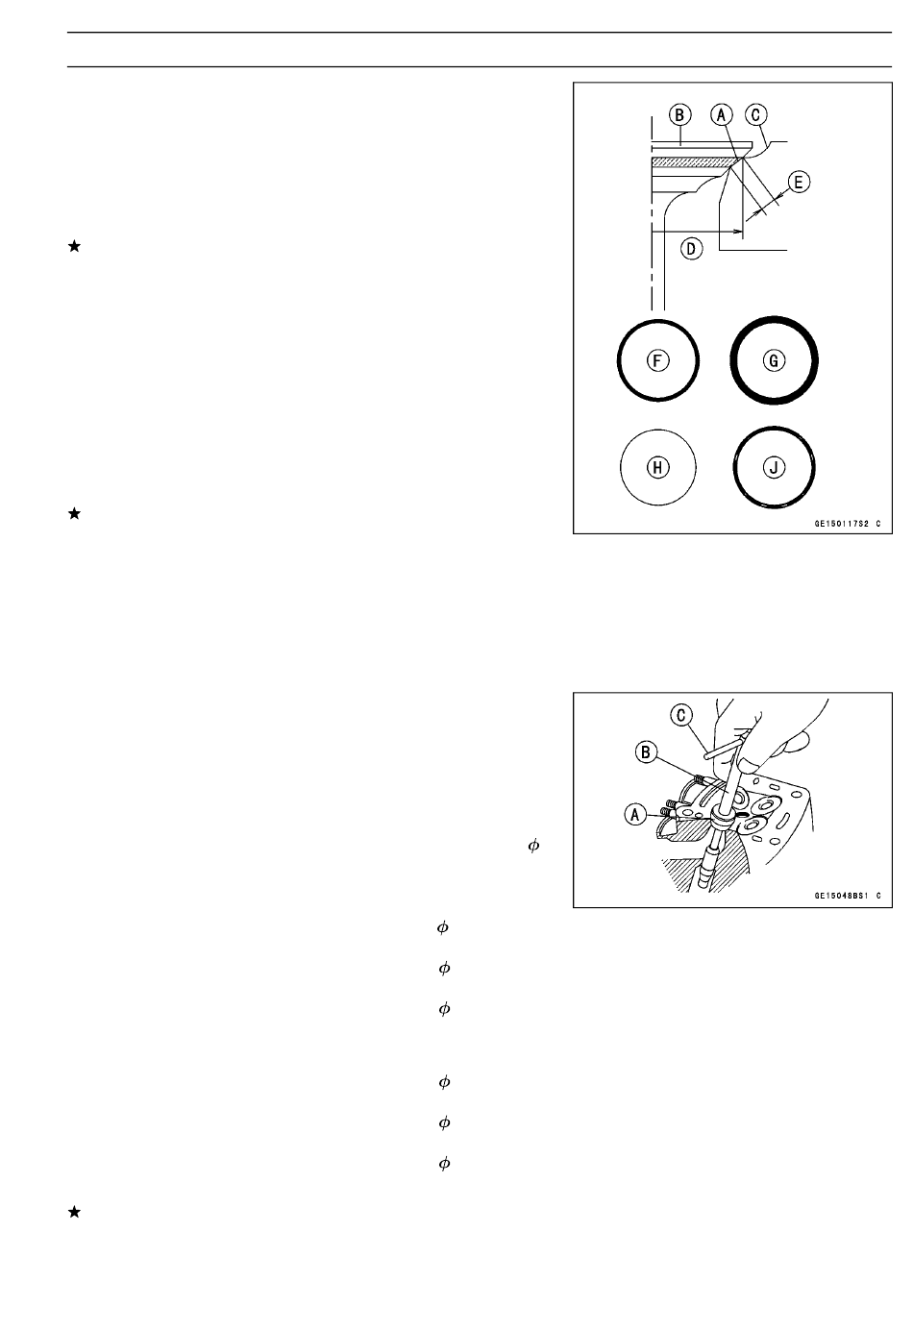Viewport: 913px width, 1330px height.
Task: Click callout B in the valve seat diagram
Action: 679,114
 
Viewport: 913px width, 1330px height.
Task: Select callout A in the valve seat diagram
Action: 721,114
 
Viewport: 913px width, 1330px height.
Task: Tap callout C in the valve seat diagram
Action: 755,114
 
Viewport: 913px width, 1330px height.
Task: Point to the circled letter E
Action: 799,183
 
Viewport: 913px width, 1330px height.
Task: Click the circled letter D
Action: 691,249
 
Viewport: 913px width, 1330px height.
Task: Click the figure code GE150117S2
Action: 841,524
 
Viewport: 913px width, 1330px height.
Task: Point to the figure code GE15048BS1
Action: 841,896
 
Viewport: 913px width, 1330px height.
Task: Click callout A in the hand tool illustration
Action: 635,815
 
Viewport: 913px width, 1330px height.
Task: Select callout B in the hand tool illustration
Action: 646,752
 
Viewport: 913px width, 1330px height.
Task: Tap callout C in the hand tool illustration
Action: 680,716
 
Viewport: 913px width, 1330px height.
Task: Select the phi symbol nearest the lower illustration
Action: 533,846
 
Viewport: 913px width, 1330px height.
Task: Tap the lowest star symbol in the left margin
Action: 74,1212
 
